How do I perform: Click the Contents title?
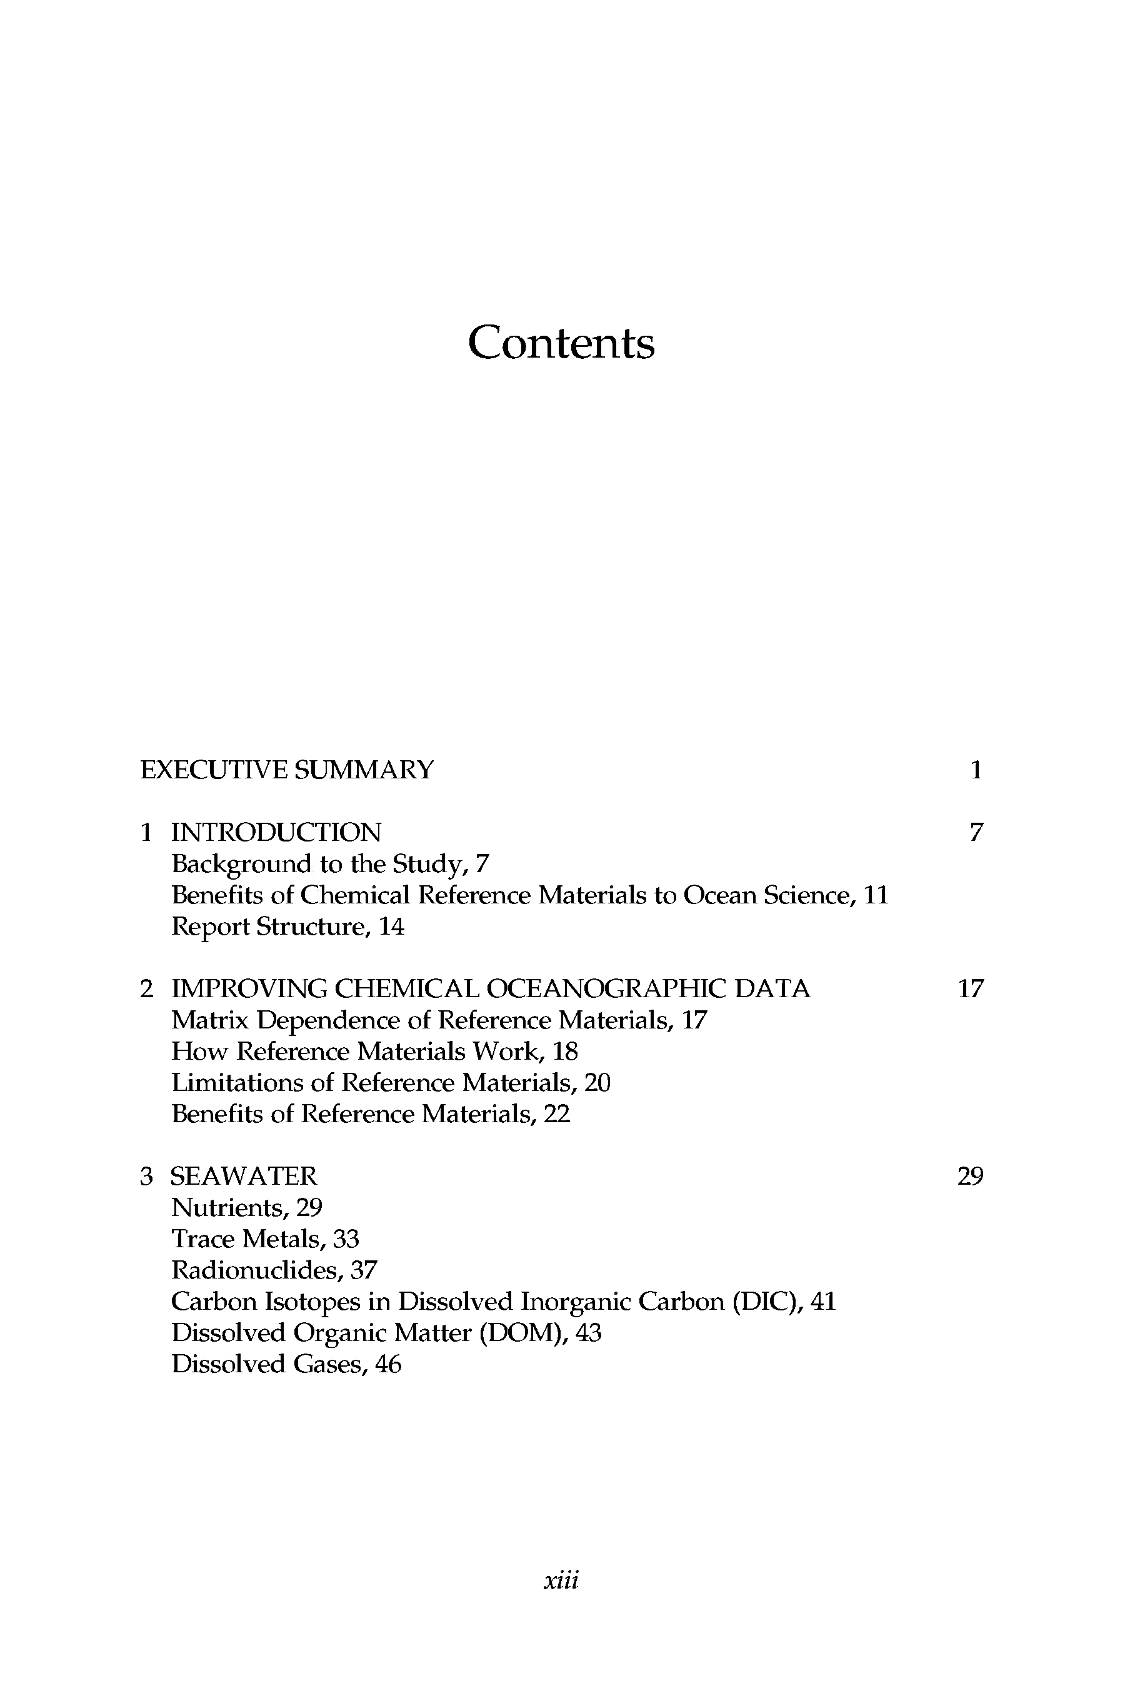click(561, 343)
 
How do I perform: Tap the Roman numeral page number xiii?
click(561, 1580)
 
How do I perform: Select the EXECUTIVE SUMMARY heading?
click(287, 770)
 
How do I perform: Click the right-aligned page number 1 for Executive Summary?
click(975, 770)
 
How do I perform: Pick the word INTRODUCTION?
click(276, 833)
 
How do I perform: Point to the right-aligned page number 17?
click(970, 989)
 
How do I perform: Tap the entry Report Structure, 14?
click(287, 927)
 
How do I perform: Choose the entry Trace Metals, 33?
click(265, 1238)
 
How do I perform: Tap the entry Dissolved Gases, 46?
click(286, 1364)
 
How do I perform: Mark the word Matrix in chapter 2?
click(209, 1020)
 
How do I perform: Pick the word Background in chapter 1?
click(241, 864)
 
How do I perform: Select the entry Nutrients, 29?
click(247, 1208)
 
